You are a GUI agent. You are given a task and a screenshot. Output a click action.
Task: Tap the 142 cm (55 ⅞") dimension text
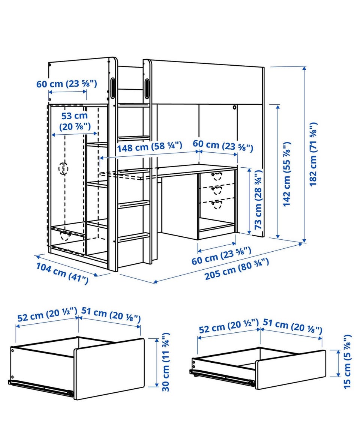coord(286,174)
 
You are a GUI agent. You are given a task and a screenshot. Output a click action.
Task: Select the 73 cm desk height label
coord(258,200)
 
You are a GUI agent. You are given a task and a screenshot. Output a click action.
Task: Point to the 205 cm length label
coord(237,269)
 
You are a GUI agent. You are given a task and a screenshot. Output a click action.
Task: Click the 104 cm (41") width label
coord(62,273)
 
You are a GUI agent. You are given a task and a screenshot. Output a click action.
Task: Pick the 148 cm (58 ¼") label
coord(150,147)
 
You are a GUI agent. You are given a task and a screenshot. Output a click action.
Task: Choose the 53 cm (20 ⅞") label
coord(75,121)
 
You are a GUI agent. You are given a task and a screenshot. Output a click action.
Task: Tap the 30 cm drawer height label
coord(166,362)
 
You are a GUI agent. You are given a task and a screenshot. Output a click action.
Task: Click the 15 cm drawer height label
coord(347,362)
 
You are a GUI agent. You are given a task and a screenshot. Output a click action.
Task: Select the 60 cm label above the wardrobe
coord(67,84)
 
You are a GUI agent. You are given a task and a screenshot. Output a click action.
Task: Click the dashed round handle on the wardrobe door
coord(63,168)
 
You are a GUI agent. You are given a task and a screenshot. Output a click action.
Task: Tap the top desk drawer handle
coord(217,176)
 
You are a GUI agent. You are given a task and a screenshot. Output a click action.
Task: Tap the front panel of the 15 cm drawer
coord(291,369)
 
